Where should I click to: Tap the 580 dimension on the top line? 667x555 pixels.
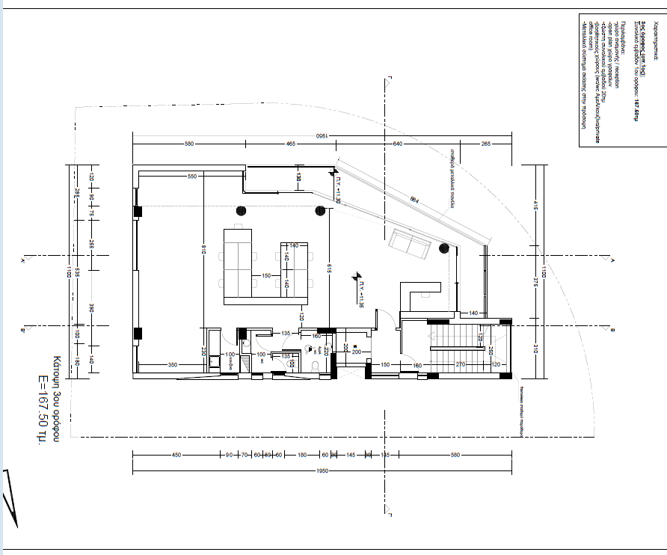(x=189, y=144)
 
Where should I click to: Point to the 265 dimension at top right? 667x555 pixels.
(x=485, y=144)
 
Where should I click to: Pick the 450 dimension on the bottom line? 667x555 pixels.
(x=176, y=455)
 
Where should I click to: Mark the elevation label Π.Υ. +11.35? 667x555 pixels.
(x=360, y=295)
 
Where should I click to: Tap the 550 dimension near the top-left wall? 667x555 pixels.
(x=191, y=177)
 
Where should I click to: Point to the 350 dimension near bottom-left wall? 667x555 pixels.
(x=172, y=364)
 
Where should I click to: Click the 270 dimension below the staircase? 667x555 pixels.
(x=461, y=364)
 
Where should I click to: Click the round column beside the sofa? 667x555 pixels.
(x=444, y=248)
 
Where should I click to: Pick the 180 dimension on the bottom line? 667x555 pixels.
(x=302, y=455)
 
